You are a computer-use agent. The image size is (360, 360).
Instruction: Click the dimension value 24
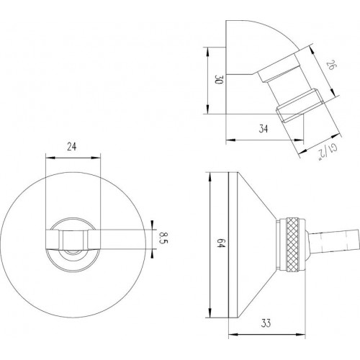(72, 146)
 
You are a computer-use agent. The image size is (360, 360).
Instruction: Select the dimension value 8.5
(164, 238)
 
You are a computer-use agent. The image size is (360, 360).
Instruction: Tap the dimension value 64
(220, 243)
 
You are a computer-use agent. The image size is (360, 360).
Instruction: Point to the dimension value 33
(266, 323)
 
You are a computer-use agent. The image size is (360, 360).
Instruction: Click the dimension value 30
(219, 79)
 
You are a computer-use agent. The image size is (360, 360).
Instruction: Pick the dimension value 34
(264, 129)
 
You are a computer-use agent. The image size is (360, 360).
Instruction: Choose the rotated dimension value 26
(330, 66)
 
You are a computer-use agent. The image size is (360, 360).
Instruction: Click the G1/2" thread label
(328, 152)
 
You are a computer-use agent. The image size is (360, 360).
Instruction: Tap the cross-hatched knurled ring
(292, 245)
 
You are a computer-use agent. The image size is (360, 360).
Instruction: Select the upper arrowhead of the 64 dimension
(210, 177)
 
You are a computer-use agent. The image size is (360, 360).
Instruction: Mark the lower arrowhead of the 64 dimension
(210, 313)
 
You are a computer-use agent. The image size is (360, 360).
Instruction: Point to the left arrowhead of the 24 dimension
(50, 158)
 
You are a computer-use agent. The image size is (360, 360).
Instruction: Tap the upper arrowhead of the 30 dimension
(207, 52)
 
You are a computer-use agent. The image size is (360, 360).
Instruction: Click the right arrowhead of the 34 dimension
(300, 140)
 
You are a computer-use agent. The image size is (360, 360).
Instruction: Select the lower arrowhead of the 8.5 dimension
(152, 253)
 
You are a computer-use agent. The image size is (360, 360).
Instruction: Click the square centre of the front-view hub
(73, 239)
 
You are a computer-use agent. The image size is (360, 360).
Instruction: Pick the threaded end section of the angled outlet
(298, 106)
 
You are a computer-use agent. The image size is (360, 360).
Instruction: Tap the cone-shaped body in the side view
(256, 245)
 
